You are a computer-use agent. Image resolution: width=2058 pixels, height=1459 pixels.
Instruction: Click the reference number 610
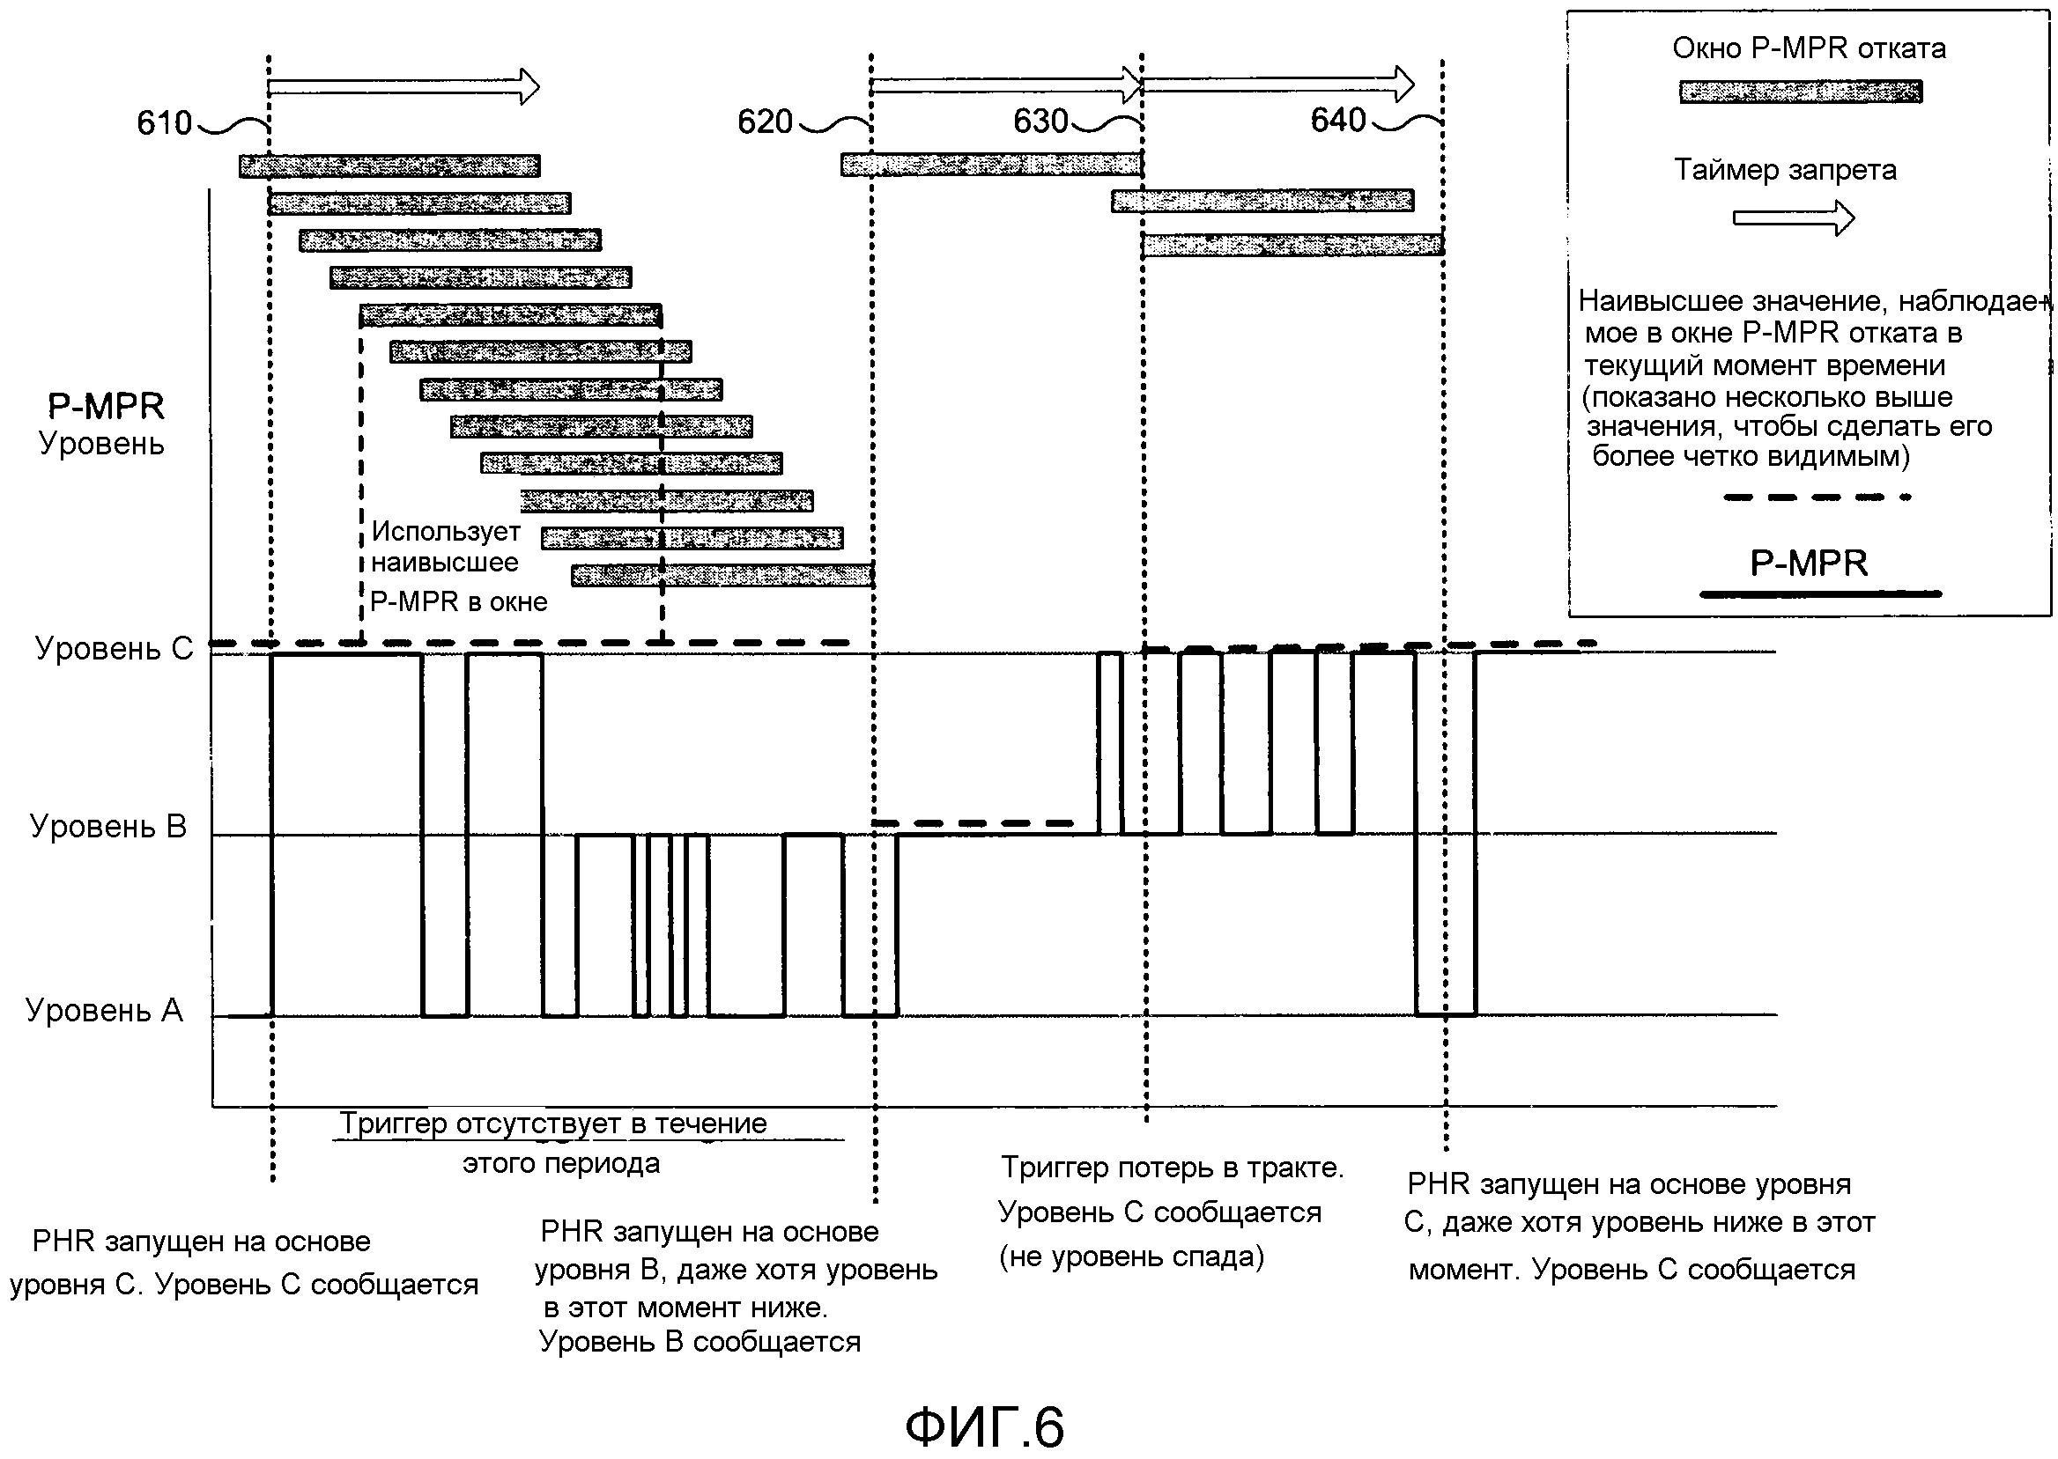click(165, 123)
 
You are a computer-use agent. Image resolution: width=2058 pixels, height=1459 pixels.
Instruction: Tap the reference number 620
click(765, 122)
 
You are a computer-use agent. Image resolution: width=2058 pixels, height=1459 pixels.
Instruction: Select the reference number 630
click(1040, 122)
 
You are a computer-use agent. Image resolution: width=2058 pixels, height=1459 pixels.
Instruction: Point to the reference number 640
click(1338, 121)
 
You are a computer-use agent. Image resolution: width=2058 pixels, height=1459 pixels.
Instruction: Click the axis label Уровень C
click(115, 649)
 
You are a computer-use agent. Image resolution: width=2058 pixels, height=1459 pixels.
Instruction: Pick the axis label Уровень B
click(107, 827)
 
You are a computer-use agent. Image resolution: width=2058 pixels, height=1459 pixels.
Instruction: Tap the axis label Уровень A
click(104, 1011)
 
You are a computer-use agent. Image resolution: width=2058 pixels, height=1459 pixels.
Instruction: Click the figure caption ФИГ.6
click(984, 1426)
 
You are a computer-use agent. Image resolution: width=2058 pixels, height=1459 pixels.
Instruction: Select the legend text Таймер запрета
click(1785, 170)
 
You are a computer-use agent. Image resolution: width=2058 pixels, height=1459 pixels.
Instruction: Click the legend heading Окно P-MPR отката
click(1809, 48)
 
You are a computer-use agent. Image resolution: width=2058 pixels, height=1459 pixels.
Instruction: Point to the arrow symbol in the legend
click(1793, 218)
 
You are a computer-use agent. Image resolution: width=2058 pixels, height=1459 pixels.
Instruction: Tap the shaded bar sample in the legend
click(1801, 92)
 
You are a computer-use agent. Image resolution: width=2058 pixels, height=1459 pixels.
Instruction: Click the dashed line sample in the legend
click(1817, 497)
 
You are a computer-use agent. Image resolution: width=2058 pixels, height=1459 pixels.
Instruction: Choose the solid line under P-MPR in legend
click(1821, 593)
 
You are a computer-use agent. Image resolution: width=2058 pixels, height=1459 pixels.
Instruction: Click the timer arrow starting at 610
click(403, 87)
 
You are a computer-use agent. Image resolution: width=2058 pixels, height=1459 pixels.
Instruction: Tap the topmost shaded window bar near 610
click(389, 166)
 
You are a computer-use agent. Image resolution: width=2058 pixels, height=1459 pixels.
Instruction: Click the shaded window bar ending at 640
click(1293, 245)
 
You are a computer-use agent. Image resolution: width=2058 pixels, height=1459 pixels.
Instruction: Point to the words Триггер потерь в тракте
click(1173, 1168)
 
